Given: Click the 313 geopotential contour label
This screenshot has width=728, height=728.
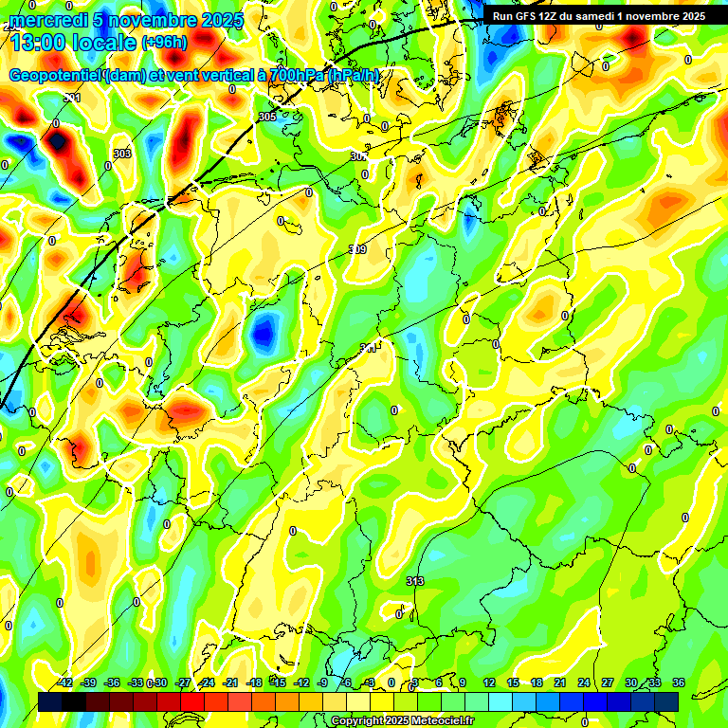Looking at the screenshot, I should [x=414, y=581].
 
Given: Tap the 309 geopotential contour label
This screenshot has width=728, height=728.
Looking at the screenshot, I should [x=357, y=249].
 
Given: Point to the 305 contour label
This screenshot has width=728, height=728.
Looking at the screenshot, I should [x=266, y=117].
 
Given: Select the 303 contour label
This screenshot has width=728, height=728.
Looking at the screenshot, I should [x=121, y=154].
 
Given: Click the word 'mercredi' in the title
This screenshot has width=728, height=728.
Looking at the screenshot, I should [x=50, y=20].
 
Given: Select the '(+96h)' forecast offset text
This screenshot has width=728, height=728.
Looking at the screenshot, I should [x=164, y=43].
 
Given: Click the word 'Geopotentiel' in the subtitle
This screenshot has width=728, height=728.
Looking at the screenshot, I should [x=55, y=75].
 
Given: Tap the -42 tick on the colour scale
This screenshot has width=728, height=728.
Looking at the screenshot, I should [x=64, y=682].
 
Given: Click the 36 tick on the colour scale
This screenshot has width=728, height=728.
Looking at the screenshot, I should [x=679, y=682].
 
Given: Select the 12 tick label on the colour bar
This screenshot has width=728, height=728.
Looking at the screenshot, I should [x=488, y=682].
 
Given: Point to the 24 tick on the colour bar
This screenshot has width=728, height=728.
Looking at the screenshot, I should [x=583, y=682].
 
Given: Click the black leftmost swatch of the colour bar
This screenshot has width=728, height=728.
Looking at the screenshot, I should [x=50, y=701].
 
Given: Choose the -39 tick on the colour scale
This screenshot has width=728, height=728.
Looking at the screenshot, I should [x=88, y=682].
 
